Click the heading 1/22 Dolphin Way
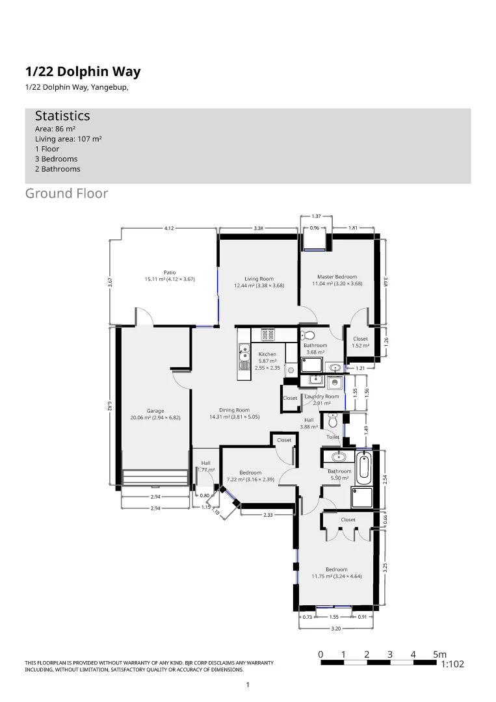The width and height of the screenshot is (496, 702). click(x=83, y=72)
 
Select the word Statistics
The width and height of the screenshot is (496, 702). click(x=62, y=116)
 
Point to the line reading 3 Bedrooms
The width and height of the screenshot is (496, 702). click(x=56, y=159)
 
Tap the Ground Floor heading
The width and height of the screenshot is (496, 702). click(x=66, y=194)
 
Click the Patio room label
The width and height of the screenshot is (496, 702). click(x=169, y=272)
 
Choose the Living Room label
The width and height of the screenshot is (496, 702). click(x=259, y=279)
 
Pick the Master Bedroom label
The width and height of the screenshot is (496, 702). click(x=337, y=276)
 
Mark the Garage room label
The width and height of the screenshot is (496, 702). click(x=155, y=411)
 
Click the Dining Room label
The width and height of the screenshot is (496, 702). click(x=234, y=410)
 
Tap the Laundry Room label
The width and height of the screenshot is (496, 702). click(x=322, y=396)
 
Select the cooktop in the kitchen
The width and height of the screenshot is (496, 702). click(x=268, y=335)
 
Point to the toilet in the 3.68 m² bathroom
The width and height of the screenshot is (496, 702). click(x=308, y=335)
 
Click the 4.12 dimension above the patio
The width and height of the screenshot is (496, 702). click(x=169, y=228)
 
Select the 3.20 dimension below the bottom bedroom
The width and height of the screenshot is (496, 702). click(x=335, y=629)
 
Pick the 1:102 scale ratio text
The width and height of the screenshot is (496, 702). click(x=452, y=665)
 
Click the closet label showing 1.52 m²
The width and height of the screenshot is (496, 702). click(x=360, y=342)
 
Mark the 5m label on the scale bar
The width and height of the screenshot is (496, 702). click(x=440, y=654)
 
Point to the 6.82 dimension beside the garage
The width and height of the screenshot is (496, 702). click(x=111, y=406)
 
